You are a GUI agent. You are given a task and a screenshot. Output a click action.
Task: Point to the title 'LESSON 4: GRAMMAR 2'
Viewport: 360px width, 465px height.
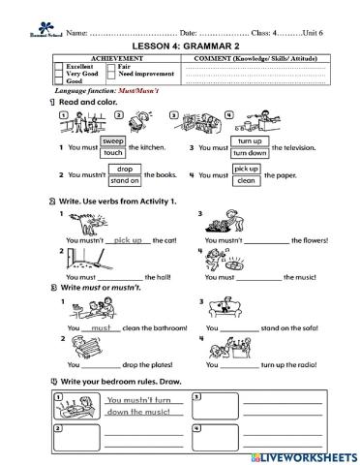[179, 45]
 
